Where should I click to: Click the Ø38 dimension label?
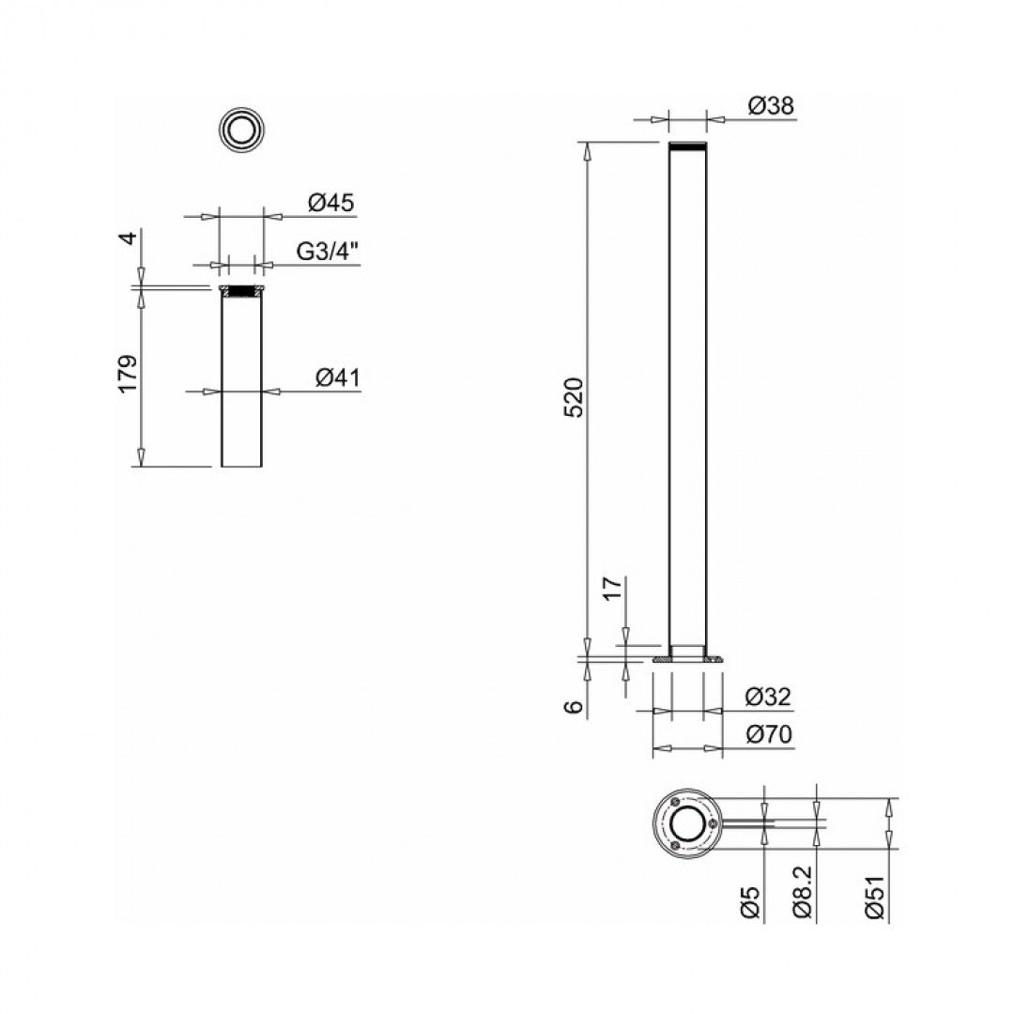coord(771,107)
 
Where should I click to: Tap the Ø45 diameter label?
coord(330,203)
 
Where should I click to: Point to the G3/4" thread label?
coord(329,252)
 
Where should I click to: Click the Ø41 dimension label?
coord(337,377)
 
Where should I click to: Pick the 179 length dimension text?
coord(129,373)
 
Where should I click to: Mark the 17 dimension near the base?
coord(612,589)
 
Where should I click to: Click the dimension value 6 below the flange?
coord(576,706)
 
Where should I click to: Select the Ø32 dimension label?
coord(768,697)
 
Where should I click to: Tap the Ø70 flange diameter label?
coord(768,735)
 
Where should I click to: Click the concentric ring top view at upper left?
coord(241,129)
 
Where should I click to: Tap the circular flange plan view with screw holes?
coord(688,823)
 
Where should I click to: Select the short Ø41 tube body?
coord(242,385)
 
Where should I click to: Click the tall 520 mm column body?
coord(687,394)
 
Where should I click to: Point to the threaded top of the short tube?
coord(242,291)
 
